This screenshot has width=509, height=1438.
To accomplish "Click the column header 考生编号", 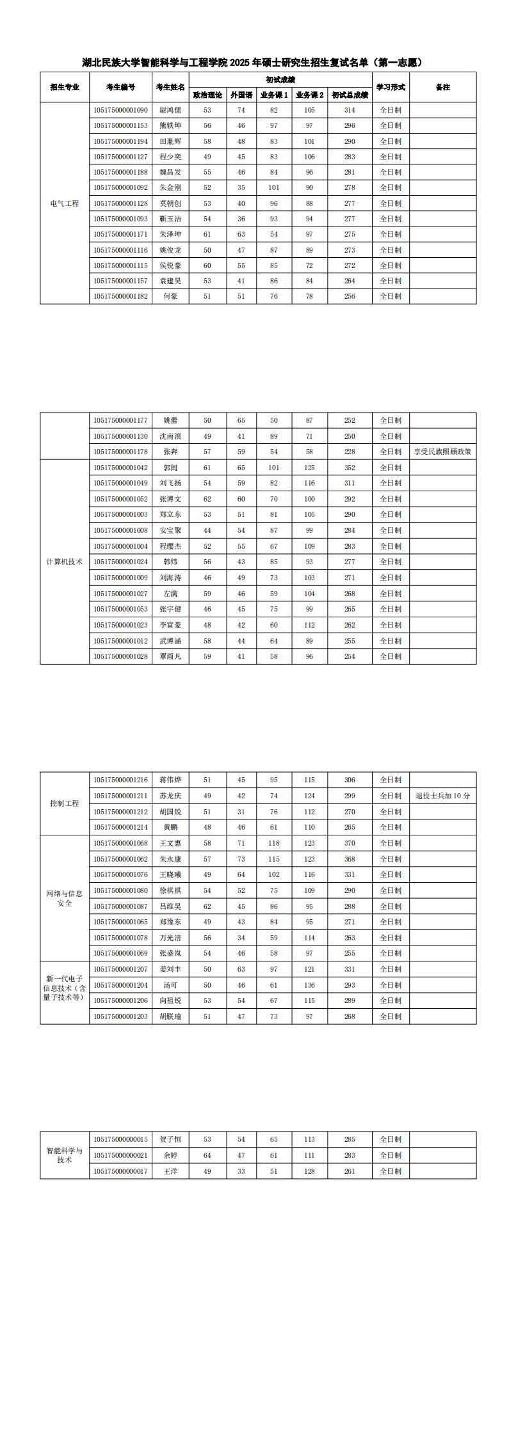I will click(120, 87).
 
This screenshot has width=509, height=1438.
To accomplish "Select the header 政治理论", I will click(207, 95).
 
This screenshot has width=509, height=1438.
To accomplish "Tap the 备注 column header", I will click(442, 87).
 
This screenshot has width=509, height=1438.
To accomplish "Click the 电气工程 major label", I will click(65, 203).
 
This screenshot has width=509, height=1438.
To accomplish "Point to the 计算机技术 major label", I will click(65, 562).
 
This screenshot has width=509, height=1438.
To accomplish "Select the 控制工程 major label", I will click(65, 803).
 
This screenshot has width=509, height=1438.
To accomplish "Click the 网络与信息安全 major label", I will click(65, 898).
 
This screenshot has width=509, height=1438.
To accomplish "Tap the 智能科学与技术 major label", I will click(65, 1155).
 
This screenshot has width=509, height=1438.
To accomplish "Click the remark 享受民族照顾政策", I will click(442, 452).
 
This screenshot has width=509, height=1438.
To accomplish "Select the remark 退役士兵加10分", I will click(442, 796).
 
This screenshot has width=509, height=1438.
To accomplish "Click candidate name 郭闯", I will click(170, 468).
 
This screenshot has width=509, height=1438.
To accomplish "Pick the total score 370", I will click(350, 843).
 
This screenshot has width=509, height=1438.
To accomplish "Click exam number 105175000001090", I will click(120, 110).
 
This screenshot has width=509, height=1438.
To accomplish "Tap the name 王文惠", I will click(170, 843).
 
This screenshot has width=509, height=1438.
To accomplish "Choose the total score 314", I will click(350, 110).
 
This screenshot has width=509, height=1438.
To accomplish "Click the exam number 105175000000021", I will click(120, 1155).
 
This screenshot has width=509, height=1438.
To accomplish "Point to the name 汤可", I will click(170, 985).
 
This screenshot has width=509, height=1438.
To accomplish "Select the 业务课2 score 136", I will click(309, 985).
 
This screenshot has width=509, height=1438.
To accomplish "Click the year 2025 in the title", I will click(240, 63).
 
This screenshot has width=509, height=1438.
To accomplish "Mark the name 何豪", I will click(170, 296).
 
